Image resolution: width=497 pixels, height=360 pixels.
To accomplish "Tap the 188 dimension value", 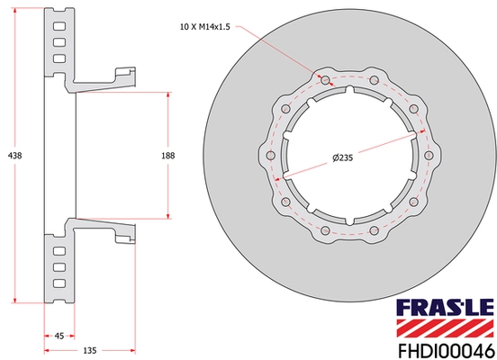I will [x=167, y=156].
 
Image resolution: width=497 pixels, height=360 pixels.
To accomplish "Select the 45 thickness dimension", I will [x=59, y=336].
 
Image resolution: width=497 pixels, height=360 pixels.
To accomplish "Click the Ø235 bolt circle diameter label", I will [x=341, y=159].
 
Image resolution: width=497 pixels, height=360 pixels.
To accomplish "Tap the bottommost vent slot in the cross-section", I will [x=59, y=285].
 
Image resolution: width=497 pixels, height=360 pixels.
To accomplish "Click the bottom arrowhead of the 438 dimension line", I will [x=15, y=300].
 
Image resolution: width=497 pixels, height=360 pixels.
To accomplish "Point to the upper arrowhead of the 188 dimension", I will [x=167, y=93].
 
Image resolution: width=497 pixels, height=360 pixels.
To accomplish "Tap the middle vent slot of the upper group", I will [x=59, y=40].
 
